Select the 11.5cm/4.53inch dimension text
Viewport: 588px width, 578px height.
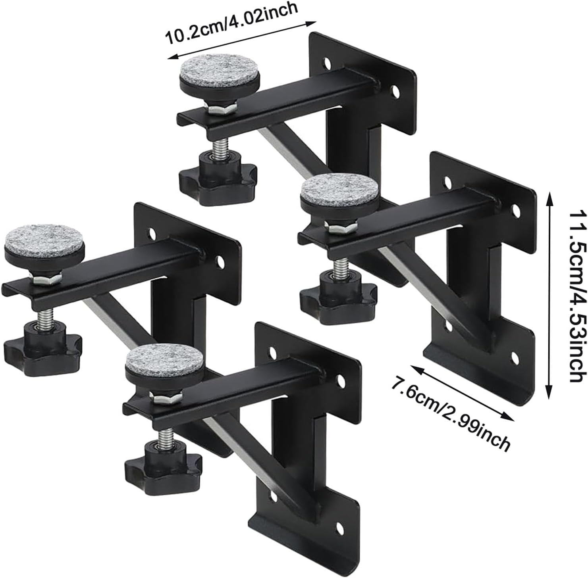577,296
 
